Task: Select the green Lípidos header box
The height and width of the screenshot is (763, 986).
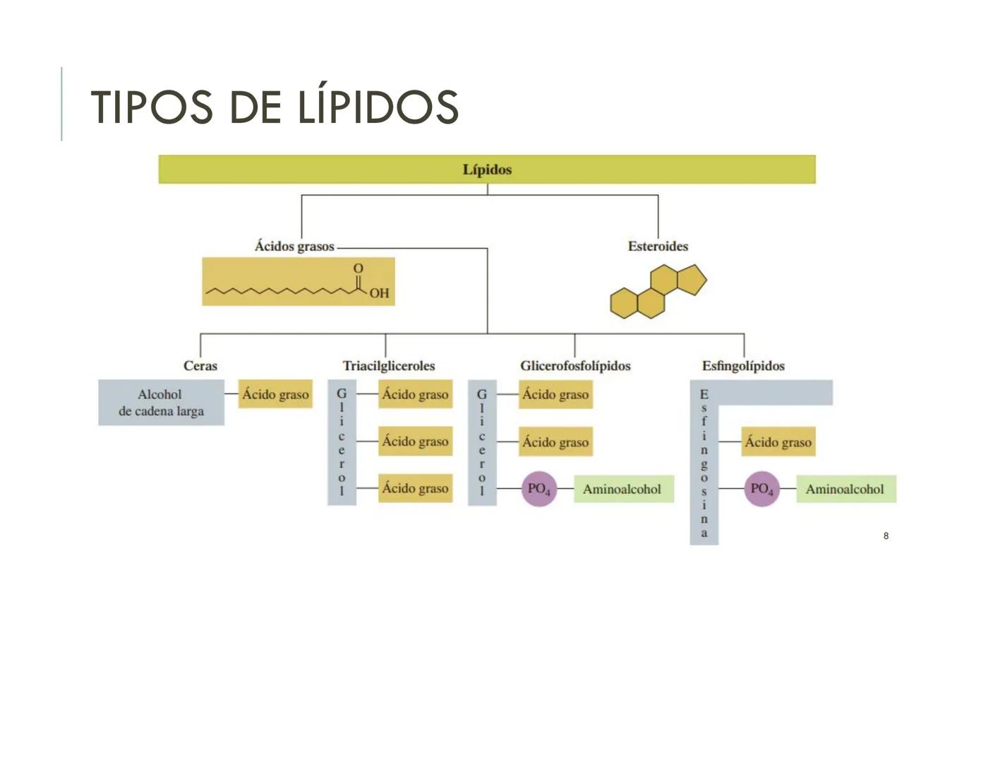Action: [487, 170]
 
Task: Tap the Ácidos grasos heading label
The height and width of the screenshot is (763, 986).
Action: [294, 247]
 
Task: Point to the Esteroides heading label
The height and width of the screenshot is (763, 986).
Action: [658, 247]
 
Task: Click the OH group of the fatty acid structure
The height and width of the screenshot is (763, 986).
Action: [379, 292]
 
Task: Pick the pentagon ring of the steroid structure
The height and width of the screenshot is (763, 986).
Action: [692, 280]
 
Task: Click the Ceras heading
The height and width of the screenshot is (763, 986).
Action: [200, 366]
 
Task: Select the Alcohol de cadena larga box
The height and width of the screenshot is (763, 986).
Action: [161, 403]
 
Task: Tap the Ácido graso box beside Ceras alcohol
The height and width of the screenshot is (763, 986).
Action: [275, 395]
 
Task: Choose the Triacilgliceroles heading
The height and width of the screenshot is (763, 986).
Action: [389, 366]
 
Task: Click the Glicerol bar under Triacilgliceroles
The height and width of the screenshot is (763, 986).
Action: [342, 442]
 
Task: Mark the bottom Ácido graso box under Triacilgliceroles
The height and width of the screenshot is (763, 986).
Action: [415, 488]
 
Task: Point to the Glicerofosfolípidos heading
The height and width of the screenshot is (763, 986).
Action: [575, 366]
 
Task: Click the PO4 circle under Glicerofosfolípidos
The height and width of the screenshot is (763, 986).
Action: [539, 489]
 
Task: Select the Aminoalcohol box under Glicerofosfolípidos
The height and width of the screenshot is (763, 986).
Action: [623, 489]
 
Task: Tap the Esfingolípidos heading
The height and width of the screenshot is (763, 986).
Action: [743, 366]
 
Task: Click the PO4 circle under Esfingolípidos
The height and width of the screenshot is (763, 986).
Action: [762, 489]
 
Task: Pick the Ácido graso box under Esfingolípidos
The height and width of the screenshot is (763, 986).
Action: [778, 442]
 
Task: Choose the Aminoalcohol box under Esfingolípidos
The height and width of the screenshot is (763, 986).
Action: [845, 489]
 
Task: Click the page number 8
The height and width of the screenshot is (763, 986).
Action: [886, 536]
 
